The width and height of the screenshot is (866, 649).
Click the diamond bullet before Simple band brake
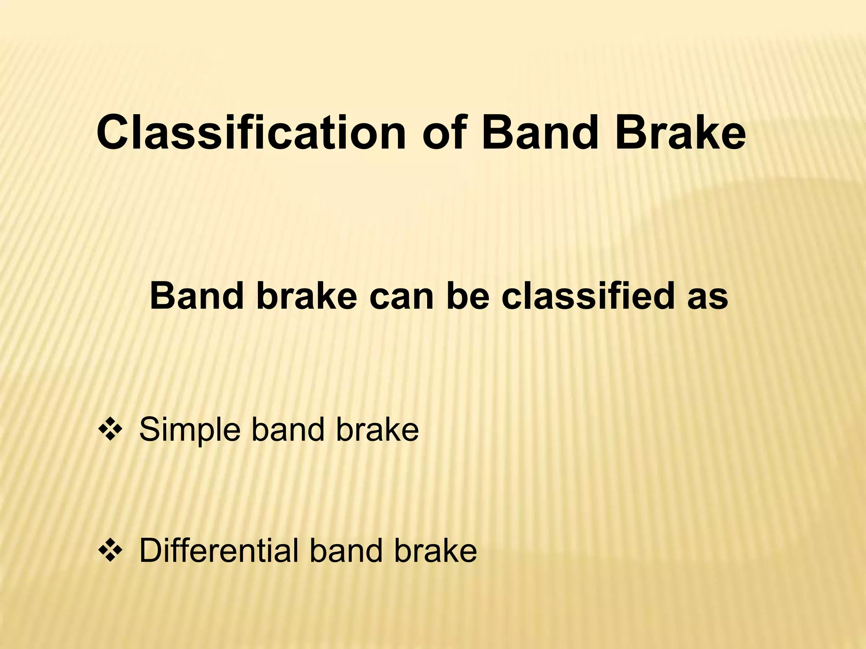(x=110, y=430)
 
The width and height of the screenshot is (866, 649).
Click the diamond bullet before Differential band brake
(x=110, y=551)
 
